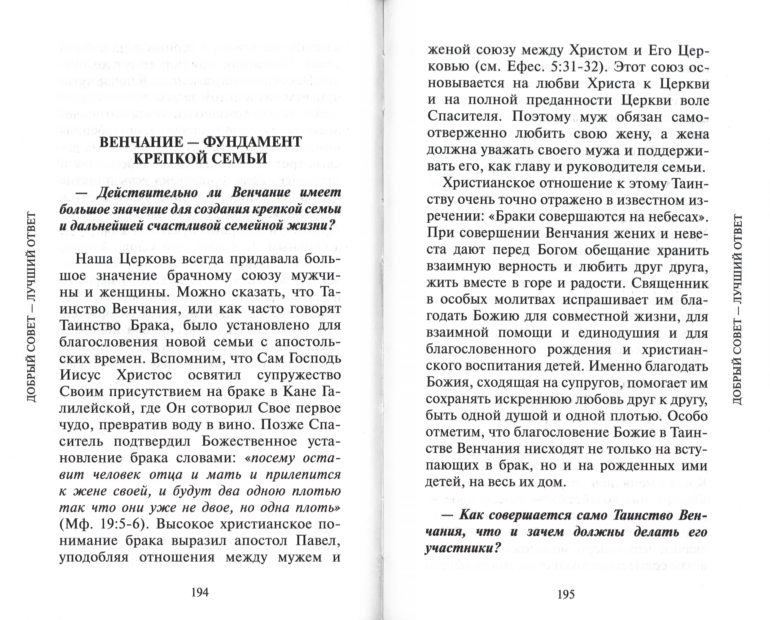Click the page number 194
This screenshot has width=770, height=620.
tap(200, 592)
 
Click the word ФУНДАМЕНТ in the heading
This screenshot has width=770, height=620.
tap(253, 142)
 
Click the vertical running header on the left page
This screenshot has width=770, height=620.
tap(32, 307)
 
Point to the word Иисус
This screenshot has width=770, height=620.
tap(80, 375)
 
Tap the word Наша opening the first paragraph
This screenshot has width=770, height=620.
tap(94, 259)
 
